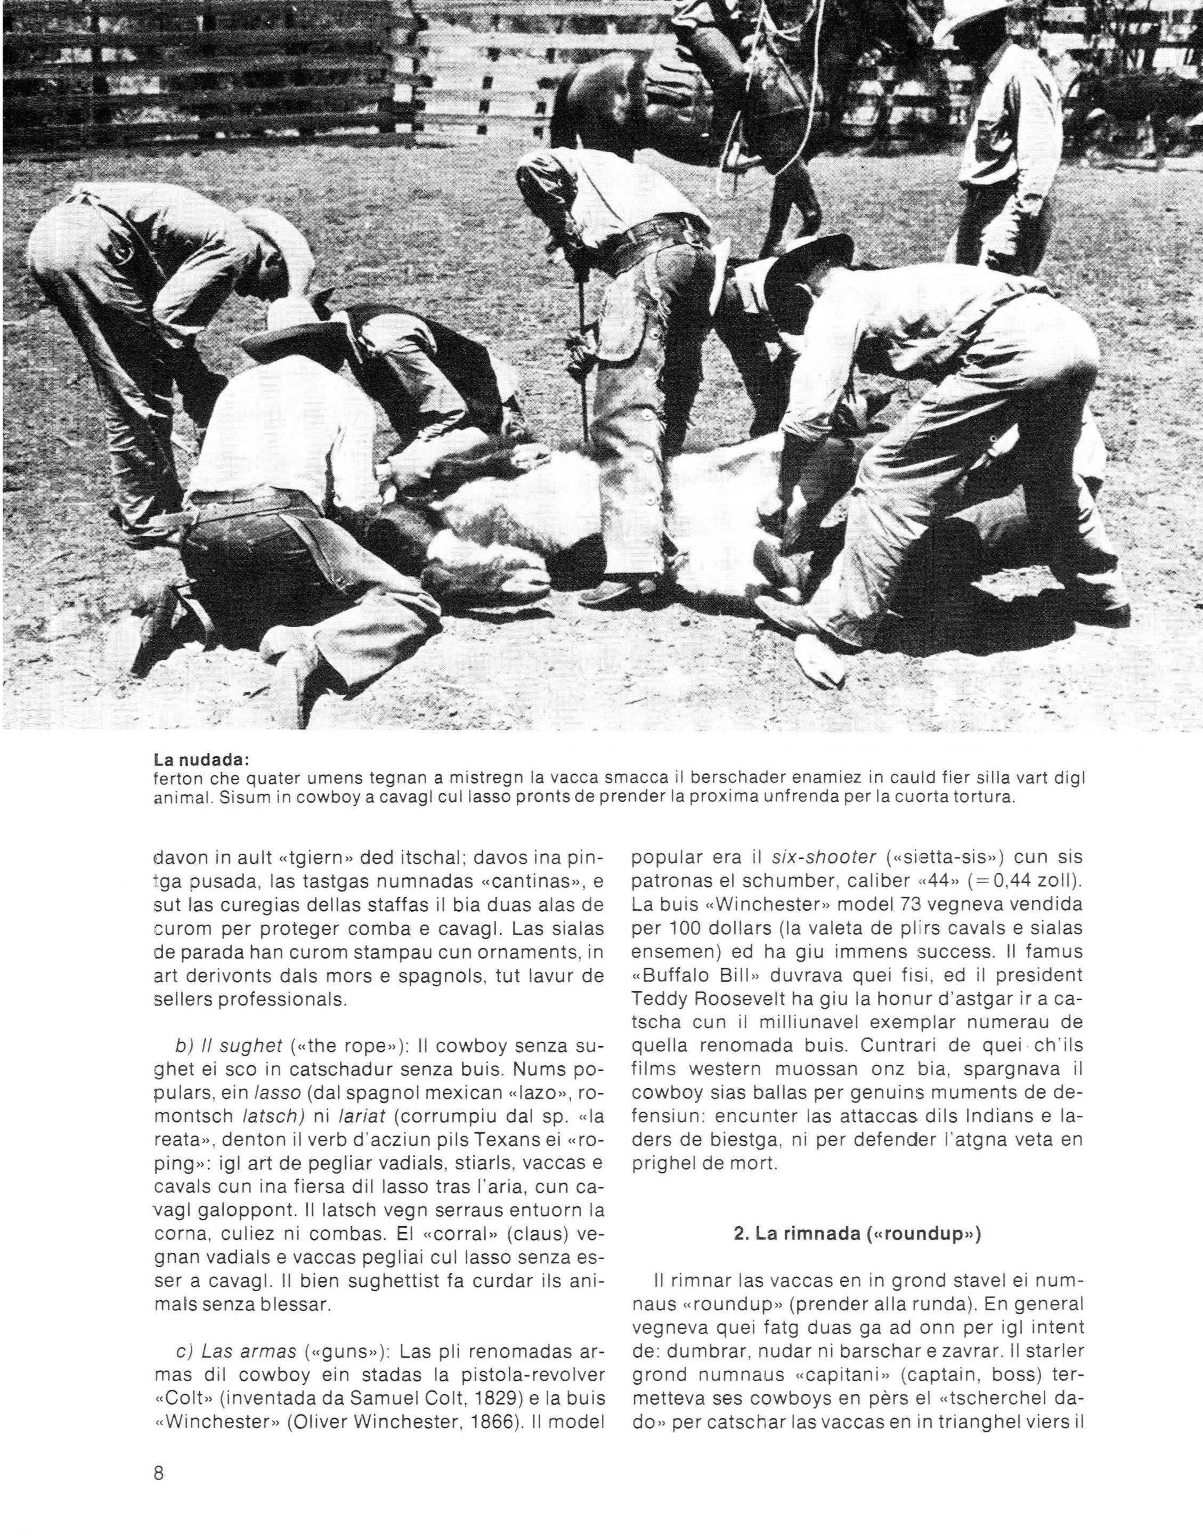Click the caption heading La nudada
tap(200, 761)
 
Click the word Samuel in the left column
tap(405, 1374)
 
